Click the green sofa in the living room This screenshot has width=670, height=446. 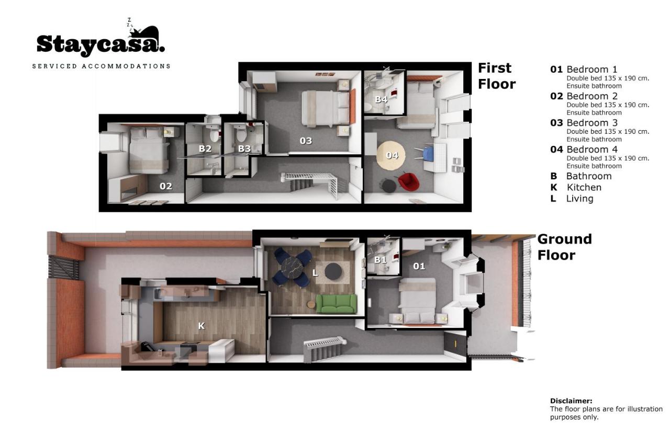point(336,303)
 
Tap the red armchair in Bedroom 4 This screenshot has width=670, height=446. point(409,181)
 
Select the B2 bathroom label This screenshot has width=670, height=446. point(205,148)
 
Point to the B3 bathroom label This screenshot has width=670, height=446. point(244,148)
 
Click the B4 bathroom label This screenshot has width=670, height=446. point(382,99)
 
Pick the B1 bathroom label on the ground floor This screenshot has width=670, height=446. point(380,260)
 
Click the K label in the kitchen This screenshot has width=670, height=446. point(202,326)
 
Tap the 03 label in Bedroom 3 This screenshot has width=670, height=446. point(306,141)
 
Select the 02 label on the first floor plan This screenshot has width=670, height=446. point(166,186)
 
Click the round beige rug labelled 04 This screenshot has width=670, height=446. point(391,155)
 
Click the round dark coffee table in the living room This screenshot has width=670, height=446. point(333,271)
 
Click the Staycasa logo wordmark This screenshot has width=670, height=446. point(100,44)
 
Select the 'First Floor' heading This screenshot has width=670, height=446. point(497,76)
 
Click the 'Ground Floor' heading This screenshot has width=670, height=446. point(564,247)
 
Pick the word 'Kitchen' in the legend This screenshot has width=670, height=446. point(584,187)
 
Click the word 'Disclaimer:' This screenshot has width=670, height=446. point(571,401)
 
